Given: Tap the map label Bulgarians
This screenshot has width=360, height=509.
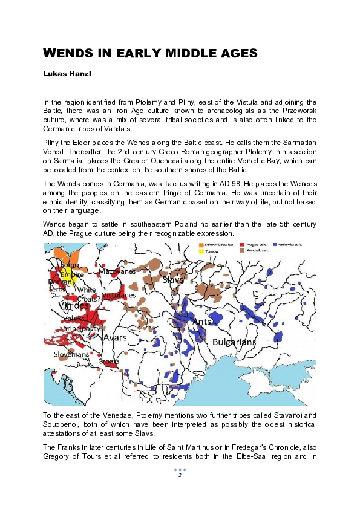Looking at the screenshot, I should point(234,342).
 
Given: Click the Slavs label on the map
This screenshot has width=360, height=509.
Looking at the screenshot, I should point(173,279).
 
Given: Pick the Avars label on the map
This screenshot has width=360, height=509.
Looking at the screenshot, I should point(115,337).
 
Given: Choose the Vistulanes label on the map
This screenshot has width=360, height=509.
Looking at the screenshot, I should point(119,296).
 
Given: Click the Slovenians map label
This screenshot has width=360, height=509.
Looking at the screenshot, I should point(71,354).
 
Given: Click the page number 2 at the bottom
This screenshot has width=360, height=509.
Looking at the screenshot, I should point(180,476).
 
